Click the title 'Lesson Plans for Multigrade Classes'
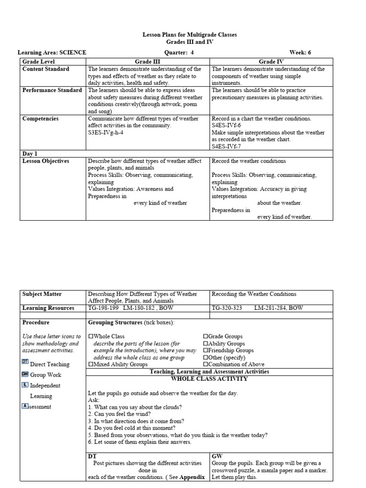coord(190,35)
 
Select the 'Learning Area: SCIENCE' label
coord(52,53)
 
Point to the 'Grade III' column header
coord(148,61)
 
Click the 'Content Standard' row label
coord(46,69)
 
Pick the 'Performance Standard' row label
coord(52,90)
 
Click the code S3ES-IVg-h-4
coord(106,132)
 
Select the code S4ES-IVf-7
coord(228,146)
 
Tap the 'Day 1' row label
coord(30,153)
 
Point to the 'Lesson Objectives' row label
coord(46,161)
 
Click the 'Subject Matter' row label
coord(42,294)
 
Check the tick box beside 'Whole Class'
coord(91,336)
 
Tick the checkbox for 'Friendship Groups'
coord(206,350)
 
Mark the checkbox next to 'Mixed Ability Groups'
coord(91,365)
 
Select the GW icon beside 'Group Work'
coord(25,375)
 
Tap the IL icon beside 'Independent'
coord(25,385)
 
